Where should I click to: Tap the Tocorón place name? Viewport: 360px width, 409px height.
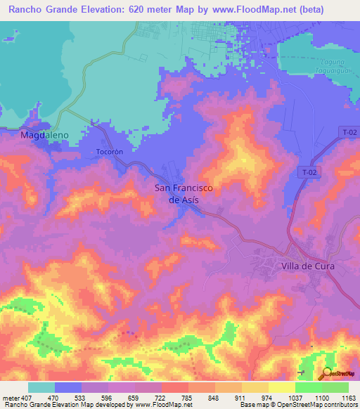point(109,152)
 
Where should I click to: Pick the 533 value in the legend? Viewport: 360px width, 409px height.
point(82,397)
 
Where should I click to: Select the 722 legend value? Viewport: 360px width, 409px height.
point(162,397)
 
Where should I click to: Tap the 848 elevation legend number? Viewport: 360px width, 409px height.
point(214,397)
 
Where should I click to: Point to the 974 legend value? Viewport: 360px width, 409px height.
point(268,397)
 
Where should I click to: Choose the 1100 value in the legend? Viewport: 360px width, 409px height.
point(321,397)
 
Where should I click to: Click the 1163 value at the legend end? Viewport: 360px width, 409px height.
point(347,397)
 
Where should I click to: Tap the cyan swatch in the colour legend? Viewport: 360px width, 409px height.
point(41,387)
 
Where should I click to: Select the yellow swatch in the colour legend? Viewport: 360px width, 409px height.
point(255,387)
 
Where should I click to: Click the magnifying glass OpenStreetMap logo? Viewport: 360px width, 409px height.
point(326,375)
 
